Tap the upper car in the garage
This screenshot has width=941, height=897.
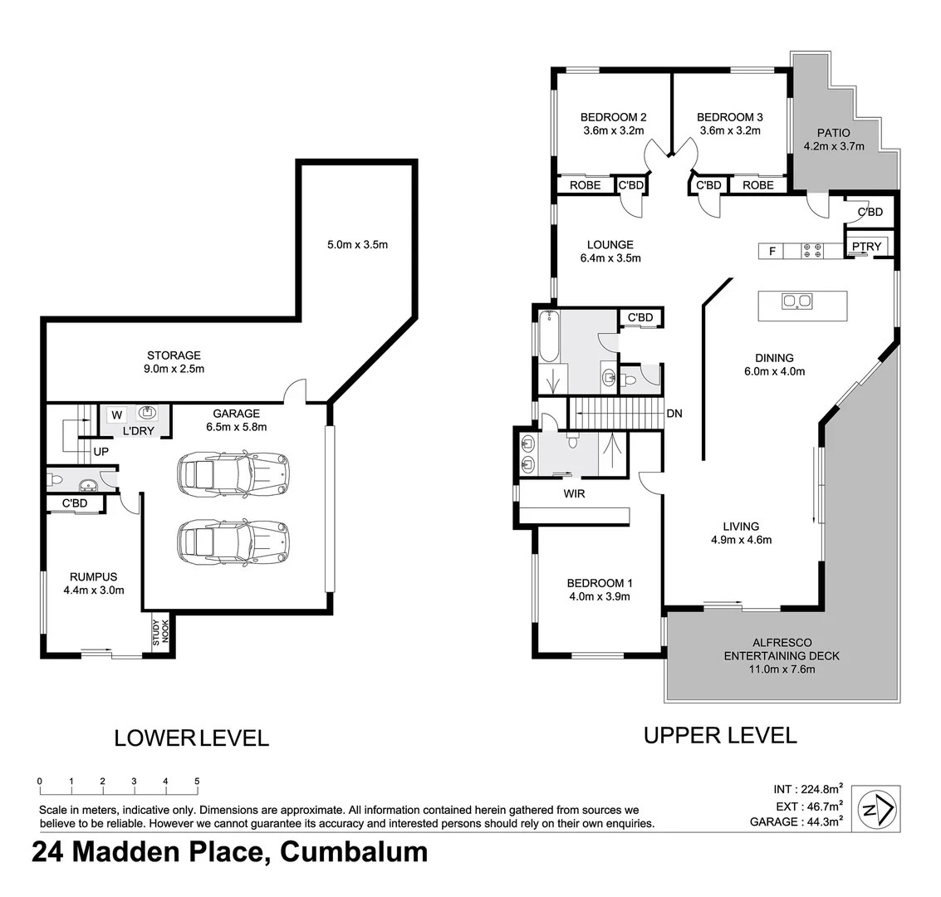click(x=233, y=474)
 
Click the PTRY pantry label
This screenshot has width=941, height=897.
click(x=867, y=247)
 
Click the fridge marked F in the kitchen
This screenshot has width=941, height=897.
click(x=772, y=251)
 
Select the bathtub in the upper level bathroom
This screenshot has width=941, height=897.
click(x=549, y=336)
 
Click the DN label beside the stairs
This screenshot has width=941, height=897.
click(x=674, y=413)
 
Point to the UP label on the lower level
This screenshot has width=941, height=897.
click(x=100, y=452)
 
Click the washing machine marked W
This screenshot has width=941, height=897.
click(x=117, y=414)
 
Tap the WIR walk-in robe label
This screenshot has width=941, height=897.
click(x=574, y=493)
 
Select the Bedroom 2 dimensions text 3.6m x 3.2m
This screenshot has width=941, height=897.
click(x=613, y=130)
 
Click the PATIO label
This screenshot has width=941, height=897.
click(x=834, y=133)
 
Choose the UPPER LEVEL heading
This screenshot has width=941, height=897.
click(x=720, y=735)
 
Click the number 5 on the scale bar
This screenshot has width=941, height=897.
click(x=197, y=782)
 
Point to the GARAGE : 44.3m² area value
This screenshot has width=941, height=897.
click(x=796, y=822)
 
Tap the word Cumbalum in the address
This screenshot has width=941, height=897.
click(x=355, y=853)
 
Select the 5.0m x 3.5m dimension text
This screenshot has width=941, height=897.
click(x=357, y=245)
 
